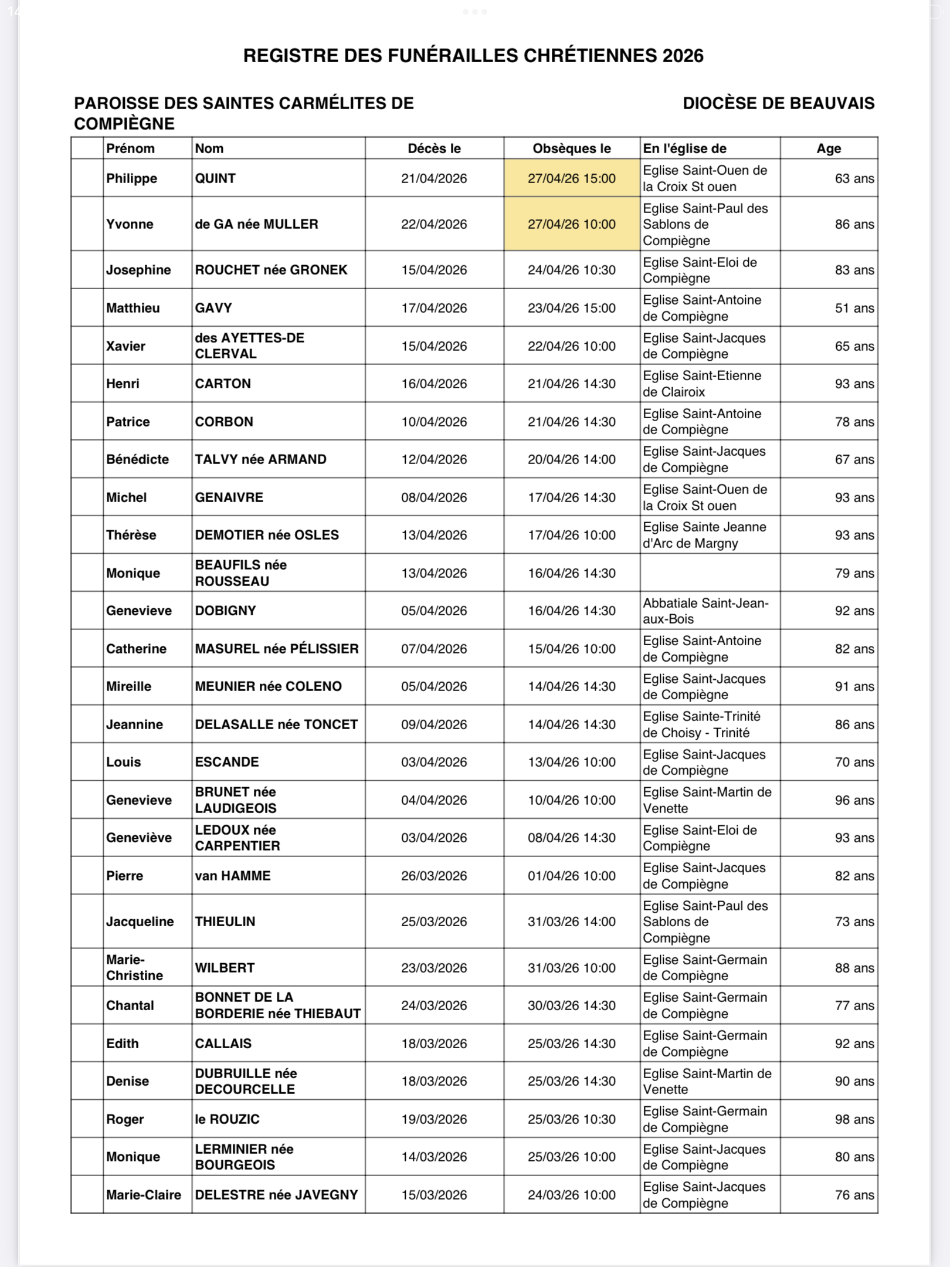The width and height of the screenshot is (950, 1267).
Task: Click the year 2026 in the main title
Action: coord(683,56)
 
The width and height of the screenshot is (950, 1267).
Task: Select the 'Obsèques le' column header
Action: coord(571,148)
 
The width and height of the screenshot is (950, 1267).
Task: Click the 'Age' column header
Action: coord(828,148)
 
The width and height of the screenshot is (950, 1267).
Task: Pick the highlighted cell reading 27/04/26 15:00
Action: coord(571,178)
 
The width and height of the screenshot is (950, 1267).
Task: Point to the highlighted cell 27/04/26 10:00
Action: coord(571,224)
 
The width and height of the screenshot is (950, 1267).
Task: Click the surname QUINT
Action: coord(215,178)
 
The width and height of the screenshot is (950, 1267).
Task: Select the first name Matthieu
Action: coord(133,308)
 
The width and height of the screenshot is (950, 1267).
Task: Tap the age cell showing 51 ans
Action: coord(854,308)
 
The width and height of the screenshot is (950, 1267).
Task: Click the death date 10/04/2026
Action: coord(434,422)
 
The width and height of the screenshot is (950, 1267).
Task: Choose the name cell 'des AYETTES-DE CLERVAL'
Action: coord(249,345)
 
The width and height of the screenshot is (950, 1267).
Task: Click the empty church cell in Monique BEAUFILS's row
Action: coord(710,573)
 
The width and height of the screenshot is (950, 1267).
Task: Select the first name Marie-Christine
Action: coord(134,967)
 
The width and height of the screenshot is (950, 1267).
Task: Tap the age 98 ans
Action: coord(854,1119)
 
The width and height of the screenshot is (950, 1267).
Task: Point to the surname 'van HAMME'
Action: coord(233,876)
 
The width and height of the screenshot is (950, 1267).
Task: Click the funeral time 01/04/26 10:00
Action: coord(571,876)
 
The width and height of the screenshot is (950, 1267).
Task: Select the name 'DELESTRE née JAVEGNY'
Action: coord(276,1195)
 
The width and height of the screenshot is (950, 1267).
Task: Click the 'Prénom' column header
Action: coord(130,148)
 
